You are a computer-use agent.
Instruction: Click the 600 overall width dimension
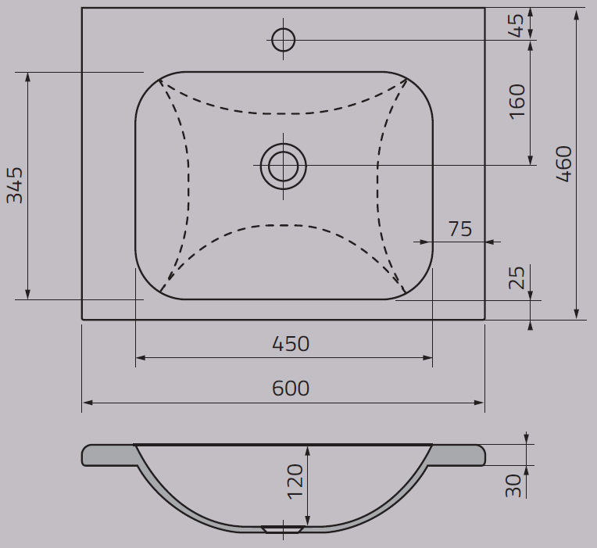(x=291, y=389)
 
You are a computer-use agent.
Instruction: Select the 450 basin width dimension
(x=291, y=344)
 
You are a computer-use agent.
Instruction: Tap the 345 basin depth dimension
(x=15, y=185)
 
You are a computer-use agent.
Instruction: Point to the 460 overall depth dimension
(x=564, y=163)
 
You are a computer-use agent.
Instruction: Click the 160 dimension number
(x=517, y=102)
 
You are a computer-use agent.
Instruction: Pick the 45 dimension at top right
(x=517, y=26)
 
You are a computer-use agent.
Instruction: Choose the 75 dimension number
(x=460, y=229)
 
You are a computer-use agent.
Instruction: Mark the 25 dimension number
(x=517, y=278)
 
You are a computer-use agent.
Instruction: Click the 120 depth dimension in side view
(x=295, y=482)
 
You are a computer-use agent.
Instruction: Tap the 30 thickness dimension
(x=513, y=485)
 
